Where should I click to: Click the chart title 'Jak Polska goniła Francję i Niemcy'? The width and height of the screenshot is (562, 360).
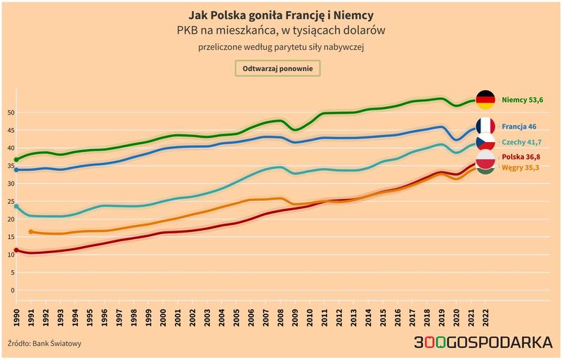coord(281,15)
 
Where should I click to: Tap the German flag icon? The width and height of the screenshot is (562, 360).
coord(485,100)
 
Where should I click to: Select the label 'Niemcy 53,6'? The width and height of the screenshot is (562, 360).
coord(522,100)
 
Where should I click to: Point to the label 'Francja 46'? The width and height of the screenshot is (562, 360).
coord(520,127)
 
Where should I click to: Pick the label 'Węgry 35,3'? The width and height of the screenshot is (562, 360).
coord(521,168)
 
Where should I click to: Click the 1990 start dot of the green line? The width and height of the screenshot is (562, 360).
coord(16,160)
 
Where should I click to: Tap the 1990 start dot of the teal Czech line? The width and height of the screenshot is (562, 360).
coord(16,207)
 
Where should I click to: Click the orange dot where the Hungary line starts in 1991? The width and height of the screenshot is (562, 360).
coord(31,231)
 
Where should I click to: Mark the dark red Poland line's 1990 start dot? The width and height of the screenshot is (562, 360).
coord(16,250)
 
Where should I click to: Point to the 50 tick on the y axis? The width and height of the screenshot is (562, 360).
coord(11,112)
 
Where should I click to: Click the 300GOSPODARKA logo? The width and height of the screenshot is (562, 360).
coord(484,342)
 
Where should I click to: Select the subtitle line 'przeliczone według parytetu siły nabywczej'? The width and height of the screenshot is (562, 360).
coord(281,47)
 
